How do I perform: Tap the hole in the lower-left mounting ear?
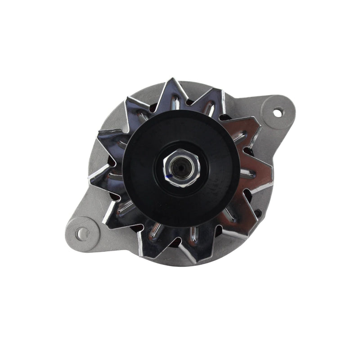click(81, 233)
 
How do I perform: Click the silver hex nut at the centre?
click(182, 166)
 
